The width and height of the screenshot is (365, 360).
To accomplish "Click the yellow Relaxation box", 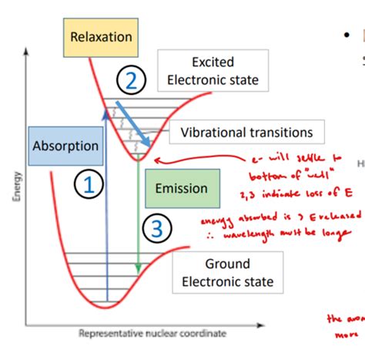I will click(x=101, y=37).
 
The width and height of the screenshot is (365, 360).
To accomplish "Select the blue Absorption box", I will click(x=65, y=146).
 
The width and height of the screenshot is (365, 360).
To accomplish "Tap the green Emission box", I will click(x=181, y=188).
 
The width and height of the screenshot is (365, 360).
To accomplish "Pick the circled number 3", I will click(x=156, y=228).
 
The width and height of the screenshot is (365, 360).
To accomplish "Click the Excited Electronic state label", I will click(x=213, y=70).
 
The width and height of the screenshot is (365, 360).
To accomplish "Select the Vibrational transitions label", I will click(x=246, y=133).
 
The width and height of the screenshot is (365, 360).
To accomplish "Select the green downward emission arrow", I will click(x=139, y=216).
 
